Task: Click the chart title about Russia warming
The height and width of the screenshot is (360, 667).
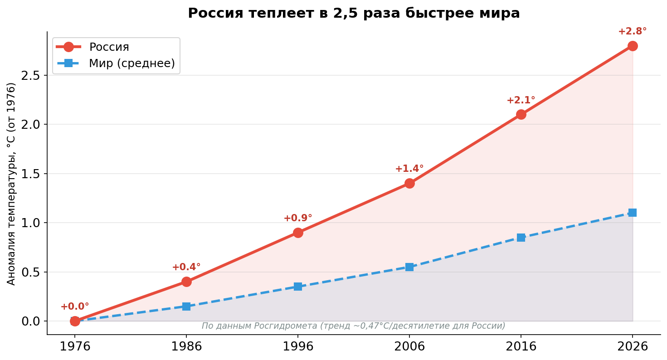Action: click(354, 13)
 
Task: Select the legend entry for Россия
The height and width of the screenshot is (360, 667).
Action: click(109, 47)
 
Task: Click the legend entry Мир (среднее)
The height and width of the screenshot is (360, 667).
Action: click(131, 63)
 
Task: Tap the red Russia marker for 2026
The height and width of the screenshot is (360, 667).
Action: click(633, 46)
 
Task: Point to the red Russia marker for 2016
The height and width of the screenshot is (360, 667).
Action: click(521, 114)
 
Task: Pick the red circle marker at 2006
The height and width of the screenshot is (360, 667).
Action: click(409, 183)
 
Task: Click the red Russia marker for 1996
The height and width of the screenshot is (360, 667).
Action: click(298, 233)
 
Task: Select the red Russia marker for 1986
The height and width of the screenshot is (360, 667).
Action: click(186, 282)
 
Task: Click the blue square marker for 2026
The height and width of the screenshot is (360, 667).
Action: click(633, 213)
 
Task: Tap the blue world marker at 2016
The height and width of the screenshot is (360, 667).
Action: click(521, 238)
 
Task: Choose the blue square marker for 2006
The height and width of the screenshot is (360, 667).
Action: click(409, 267)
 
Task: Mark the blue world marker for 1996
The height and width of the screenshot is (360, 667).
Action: click(298, 287)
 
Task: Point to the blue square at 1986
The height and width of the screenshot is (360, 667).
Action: click(186, 306)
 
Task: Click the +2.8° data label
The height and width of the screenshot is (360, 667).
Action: click(632, 32)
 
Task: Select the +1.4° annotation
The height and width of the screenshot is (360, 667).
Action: click(409, 169)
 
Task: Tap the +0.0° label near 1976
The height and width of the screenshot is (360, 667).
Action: click(75, 307)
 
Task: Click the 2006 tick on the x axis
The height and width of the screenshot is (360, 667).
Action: click(409, 347)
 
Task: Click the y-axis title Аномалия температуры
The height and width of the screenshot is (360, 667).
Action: click(11, 184)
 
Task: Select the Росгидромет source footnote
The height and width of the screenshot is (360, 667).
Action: click(353, 326)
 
